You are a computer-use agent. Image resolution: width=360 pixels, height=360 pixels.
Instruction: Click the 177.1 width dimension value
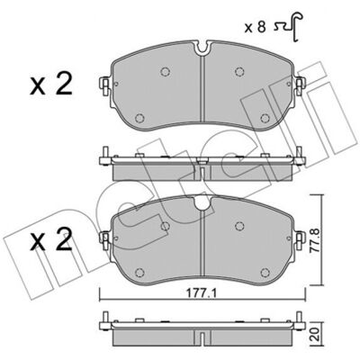click(202, 293)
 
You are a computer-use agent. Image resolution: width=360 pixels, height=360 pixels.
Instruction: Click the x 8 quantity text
click(256, 28)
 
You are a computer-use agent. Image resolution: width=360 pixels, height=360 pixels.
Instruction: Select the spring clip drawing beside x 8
click(289, 27)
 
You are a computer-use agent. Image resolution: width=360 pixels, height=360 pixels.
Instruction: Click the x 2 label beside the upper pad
click(51, 85)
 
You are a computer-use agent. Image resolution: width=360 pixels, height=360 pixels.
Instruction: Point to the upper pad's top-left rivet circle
click(165, 72)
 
